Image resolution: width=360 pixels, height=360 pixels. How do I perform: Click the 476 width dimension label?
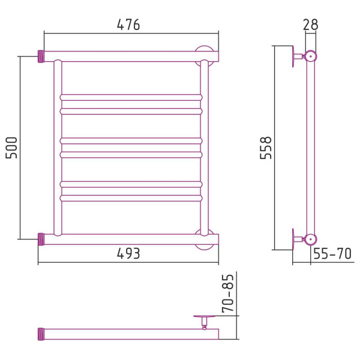click(128, 25)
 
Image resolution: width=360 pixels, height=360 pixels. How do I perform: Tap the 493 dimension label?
click(128, 254)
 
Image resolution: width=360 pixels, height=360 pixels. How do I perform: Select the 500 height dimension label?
click(11, 148)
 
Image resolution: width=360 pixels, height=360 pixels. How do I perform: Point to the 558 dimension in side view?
click(266, 148)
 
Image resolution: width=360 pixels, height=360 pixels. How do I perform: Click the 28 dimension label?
click(310, 25)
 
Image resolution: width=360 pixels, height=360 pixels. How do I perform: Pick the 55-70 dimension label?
click(332, 253)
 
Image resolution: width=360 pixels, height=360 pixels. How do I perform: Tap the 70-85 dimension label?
click(228, 293)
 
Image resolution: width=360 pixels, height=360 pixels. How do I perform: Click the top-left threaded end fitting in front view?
click(41, 56)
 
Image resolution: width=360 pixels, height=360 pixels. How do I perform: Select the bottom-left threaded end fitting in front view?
click(41, 239)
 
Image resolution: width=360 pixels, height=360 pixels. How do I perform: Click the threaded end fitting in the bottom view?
click(41, 334)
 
